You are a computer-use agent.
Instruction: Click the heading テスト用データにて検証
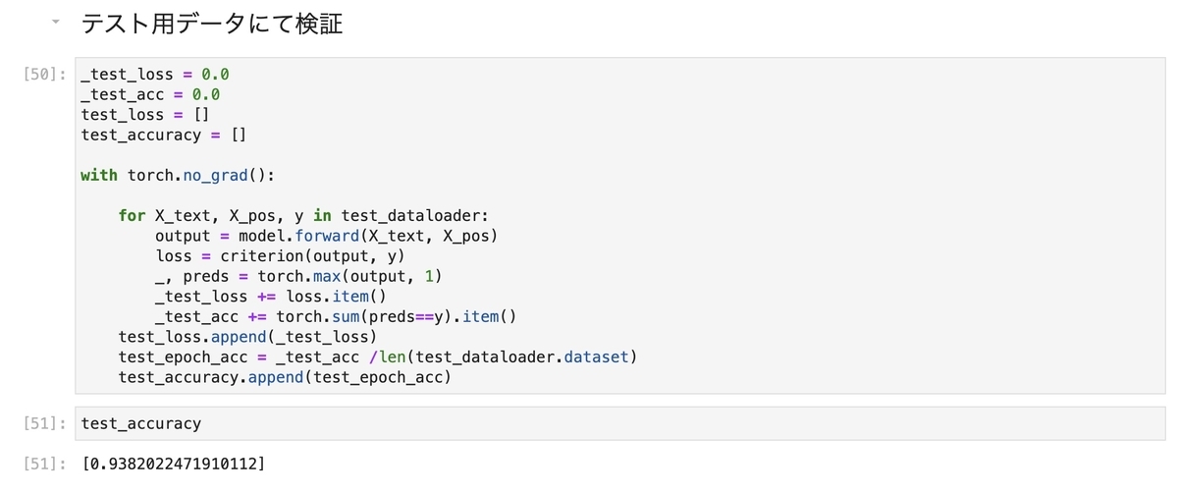pos(212,25)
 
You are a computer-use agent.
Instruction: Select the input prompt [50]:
pos(43,75)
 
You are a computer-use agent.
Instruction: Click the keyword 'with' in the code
pos(99,175)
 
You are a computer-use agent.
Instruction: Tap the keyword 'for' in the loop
pos(132,215)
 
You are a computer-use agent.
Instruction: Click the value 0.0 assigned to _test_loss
pos(215,75)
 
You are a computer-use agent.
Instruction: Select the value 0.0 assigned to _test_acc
pos(205,94)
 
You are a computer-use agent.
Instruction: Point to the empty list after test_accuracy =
pos(239,135)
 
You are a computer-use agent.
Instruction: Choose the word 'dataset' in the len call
pos(598,356)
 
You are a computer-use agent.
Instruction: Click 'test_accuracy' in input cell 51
pos(141,423)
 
